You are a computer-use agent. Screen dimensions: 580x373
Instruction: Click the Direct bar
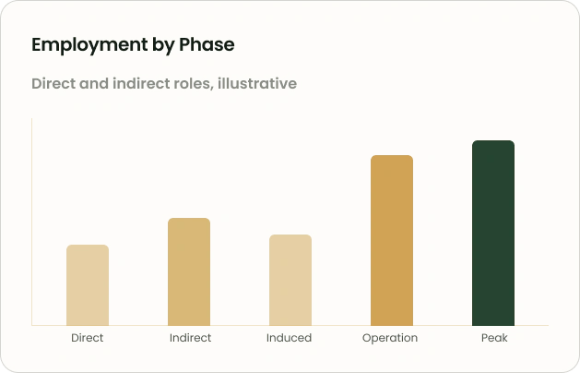[x=88, y=285]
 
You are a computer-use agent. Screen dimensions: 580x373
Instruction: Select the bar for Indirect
[x=189, y=271]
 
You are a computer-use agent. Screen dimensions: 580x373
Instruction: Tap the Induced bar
[x=290, y=280]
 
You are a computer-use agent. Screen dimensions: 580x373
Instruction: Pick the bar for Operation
[x=392, y=240]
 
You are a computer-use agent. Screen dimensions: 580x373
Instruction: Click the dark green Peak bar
[x=493, y=233]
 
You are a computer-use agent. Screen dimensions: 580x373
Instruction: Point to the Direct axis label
[x=88, y=338]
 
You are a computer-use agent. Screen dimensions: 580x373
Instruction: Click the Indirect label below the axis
[x=190, y=338]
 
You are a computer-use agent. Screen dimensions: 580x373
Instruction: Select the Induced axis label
[x=289, y=338]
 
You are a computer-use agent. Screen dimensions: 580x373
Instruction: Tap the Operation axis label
[x=390, y=338]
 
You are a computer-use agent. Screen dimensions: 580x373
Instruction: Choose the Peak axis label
[x=494, y=338]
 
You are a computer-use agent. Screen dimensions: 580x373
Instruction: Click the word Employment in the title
[x=89, y=45]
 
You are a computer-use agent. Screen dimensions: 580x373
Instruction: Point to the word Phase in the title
[x=207, y=44]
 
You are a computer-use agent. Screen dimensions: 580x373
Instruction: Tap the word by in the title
[x=163, y=46]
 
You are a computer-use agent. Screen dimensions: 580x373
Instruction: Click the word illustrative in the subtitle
[x=257, y=83]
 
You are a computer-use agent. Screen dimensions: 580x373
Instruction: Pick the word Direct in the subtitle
[x=53, y=83]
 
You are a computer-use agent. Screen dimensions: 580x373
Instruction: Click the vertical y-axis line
[x=31, y=222]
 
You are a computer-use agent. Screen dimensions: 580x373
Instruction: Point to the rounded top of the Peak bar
[x=493, y=141]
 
